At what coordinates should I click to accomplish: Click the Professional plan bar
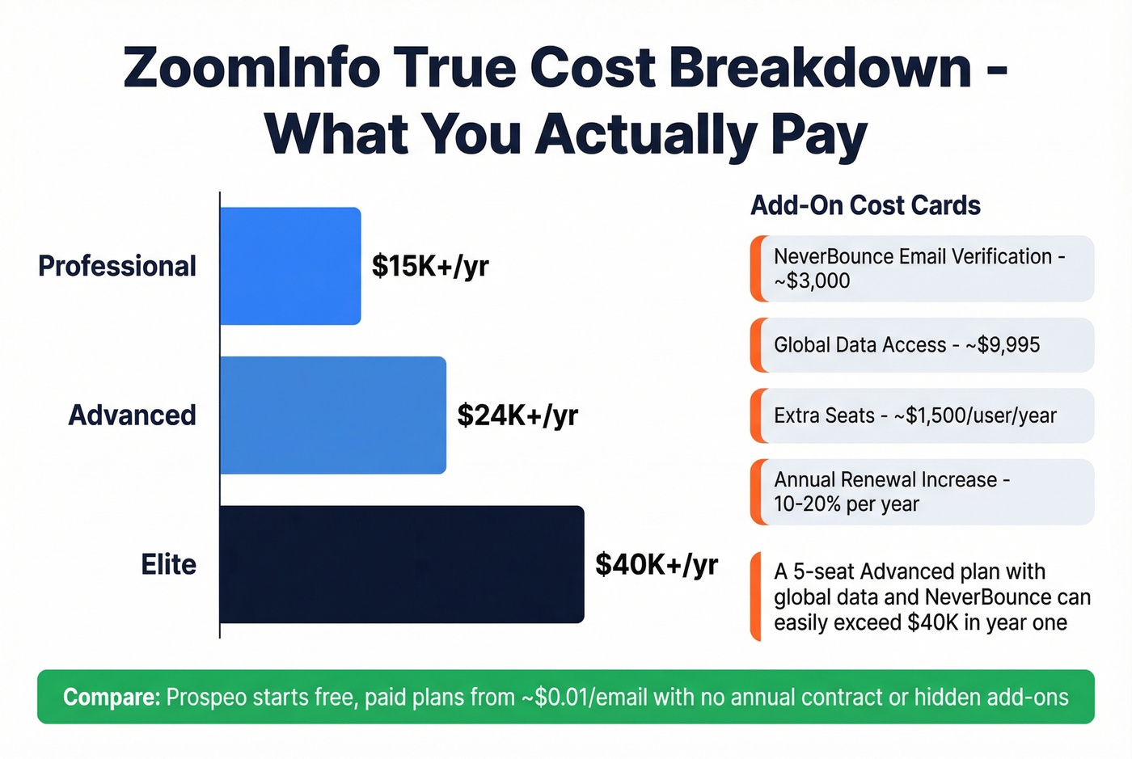coord(290,266)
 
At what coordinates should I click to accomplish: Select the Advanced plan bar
coord(332,415)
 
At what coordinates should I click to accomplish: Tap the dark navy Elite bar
coord(401,564)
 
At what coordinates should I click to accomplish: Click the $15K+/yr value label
coord(430,266)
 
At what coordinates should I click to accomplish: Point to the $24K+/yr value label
coord(517,415)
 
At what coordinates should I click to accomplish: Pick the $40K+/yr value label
coord(657,564)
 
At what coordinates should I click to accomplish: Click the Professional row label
coord(117,266)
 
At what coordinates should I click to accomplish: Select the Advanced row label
coord(133,415)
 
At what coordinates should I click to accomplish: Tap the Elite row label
coord(169,564)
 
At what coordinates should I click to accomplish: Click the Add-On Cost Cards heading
coord(865,205)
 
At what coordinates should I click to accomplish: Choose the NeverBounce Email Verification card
coord(922,268)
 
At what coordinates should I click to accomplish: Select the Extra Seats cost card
coord(922,415)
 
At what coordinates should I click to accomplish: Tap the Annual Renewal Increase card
coord(922,491)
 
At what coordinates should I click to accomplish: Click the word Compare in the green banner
coord(112,697)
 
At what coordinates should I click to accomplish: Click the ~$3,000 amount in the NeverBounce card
coord(812,281)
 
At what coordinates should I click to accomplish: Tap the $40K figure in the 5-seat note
coord(933,623)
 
